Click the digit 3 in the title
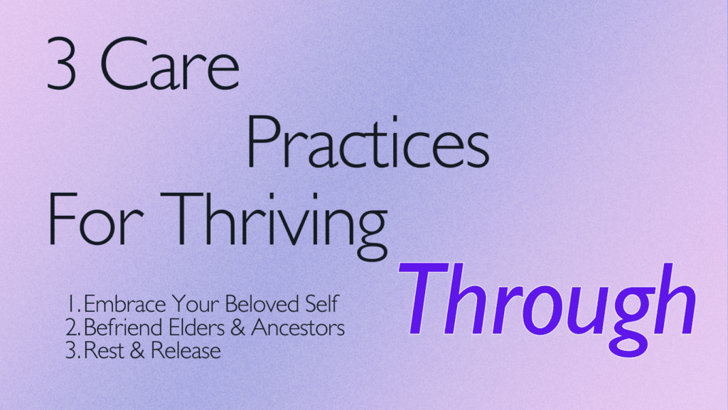tap(61, 63)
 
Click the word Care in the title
tap(170, 63)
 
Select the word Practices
tap(368, 142)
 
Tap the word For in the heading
tap(95, 219)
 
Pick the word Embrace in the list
tap(124, 304)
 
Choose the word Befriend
tap(123, 327)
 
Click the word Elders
tap(197, 327)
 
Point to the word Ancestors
tap(298, 327)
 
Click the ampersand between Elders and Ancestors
tap(237, 327)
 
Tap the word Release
tap(186, 350)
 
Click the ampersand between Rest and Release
tap(137, 350)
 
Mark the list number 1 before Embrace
tap(73, 304)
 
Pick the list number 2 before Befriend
tap(73, 327)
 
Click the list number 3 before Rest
tap(73, 350)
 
